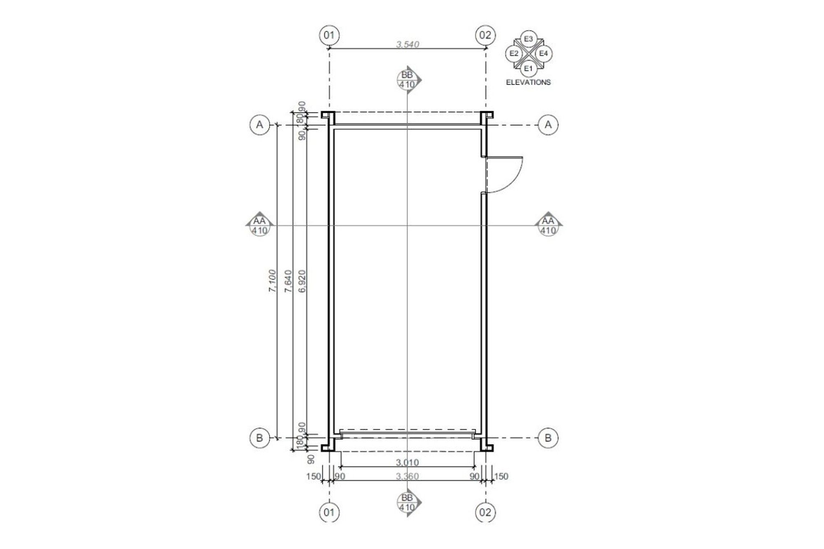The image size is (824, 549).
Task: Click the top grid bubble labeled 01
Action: [329, 35]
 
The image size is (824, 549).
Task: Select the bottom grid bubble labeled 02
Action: [485, 513]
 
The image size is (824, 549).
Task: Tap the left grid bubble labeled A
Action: [260, 124]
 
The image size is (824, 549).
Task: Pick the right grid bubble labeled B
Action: [548, 438]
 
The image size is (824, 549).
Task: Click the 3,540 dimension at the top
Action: [407, 44]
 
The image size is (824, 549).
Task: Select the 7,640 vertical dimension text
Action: [288, 281]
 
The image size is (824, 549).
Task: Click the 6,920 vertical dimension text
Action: [303, 281]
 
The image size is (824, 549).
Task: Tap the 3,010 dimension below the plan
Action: [407, 463]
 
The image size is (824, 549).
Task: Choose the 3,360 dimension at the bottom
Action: [407, 477]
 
